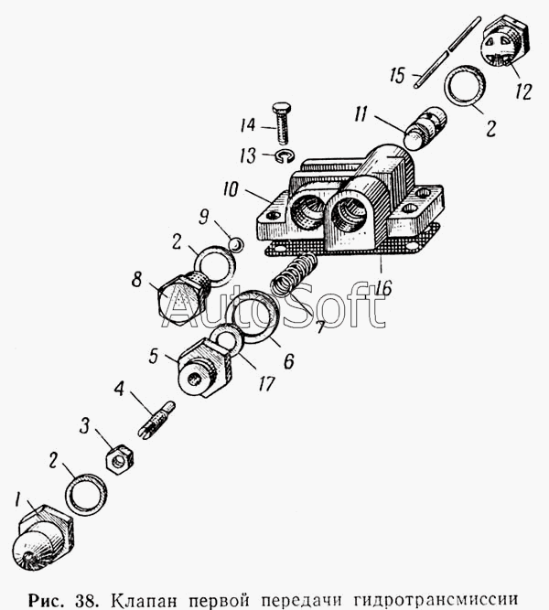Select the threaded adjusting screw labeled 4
[156, 420]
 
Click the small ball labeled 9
[236, 245]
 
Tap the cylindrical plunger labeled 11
[425, 127]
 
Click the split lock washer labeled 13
[284, 156]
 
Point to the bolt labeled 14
[281, 123]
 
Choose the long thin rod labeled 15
[447, 52]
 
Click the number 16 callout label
[383, 288]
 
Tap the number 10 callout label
[231, 189]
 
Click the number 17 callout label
[266, 384]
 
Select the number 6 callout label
[288, 361]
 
